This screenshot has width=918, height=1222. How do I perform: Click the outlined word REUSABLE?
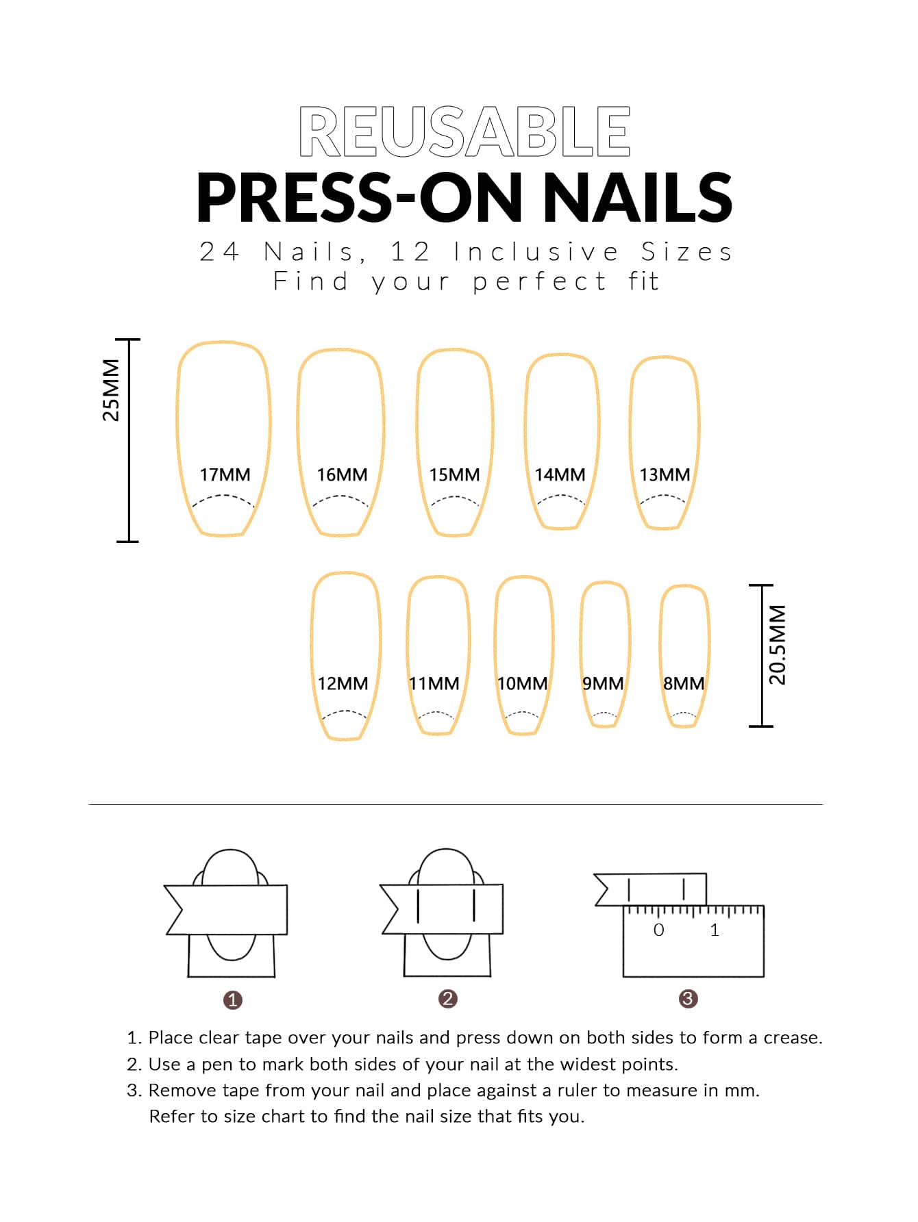pos(464,131)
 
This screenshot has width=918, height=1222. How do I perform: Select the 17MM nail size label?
pos(225,474)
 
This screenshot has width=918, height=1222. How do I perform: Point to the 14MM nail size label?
pos(560,474)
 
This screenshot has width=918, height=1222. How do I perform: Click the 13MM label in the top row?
pos(664,474)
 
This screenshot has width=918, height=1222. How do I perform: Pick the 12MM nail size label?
pos(343,683)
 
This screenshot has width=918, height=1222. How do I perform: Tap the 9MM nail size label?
pos(602,683)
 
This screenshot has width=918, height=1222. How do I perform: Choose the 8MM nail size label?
pos(683,683)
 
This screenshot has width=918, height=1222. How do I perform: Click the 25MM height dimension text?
pos(111,390)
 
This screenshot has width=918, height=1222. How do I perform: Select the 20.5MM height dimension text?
pos(778,644)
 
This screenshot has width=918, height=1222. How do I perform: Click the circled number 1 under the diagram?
pos(233,1000)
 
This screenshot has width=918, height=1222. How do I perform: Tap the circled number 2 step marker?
pos(447,999)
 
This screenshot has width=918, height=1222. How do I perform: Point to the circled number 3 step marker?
pos(688,999)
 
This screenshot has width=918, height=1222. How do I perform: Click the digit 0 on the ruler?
pos(658,930)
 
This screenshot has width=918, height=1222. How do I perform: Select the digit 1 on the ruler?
pos(715,930)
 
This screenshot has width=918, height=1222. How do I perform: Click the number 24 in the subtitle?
pos(219,252)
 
